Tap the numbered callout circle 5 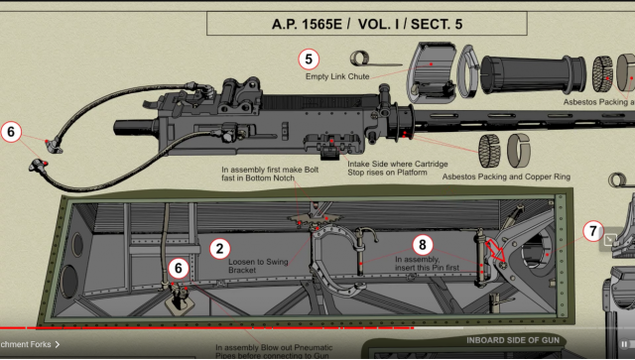(309, 59)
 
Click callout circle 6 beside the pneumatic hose (11, 131)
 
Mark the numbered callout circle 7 (592, 231)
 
